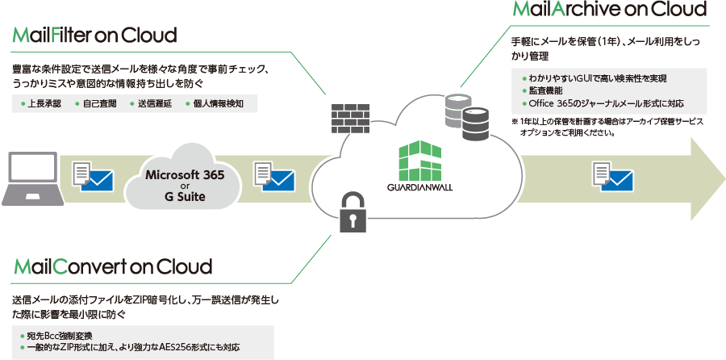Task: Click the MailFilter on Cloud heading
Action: pos(94,36)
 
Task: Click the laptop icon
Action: pos(28,178)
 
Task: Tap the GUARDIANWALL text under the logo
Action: pos(421,191)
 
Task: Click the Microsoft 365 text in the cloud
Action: pos(185,175)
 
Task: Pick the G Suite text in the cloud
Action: pos(185,196)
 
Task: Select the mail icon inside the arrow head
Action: pos(611,174)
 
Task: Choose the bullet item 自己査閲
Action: pos(98,104)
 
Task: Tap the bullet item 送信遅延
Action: pos(153,104)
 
